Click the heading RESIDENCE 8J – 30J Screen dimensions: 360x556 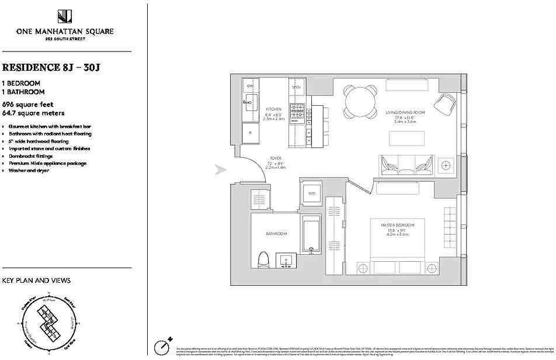click(51, 67)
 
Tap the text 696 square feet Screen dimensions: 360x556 click(27, 105)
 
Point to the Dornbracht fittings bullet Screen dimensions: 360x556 click(31, 156)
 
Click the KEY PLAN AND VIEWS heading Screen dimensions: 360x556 click(36, 281)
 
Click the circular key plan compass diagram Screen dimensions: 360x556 click(50, 323)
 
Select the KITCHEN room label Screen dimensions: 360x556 click(274, 109)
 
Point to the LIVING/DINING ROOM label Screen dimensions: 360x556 click(405, 112)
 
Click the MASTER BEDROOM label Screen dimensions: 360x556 click(398, 225)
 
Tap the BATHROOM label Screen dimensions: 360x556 click(276, 234)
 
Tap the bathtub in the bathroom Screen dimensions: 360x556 click(311, 236)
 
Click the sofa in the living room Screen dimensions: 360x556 click(406, 164)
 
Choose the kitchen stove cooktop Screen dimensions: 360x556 click(298, 109)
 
